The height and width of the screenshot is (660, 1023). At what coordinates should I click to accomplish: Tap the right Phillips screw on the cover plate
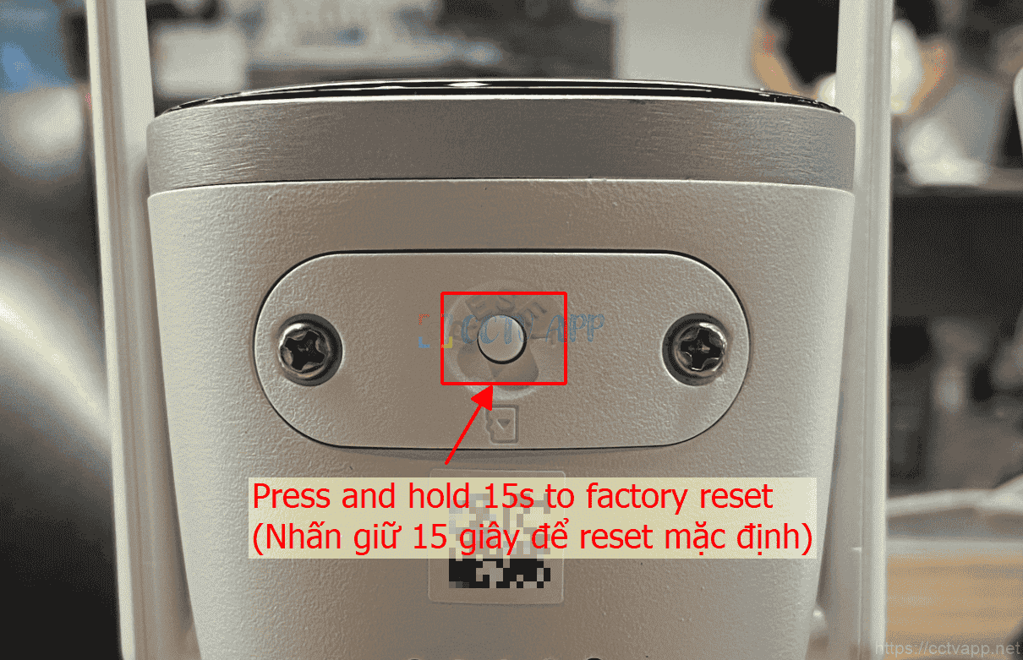coord(696,349)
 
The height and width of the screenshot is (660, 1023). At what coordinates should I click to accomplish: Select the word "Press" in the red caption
coord(292,496)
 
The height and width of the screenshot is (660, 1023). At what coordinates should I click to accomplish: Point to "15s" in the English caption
coord(508,496)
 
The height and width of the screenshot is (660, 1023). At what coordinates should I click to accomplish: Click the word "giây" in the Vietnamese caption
coord(489,537)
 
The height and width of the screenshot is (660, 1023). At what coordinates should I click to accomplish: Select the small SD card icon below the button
coord(502,424)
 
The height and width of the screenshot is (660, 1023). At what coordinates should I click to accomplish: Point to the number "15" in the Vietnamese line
coord(429,537)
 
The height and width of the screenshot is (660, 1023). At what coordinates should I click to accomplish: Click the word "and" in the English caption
coord(369,496)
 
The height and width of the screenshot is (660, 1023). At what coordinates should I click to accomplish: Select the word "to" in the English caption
coord(560,497)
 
